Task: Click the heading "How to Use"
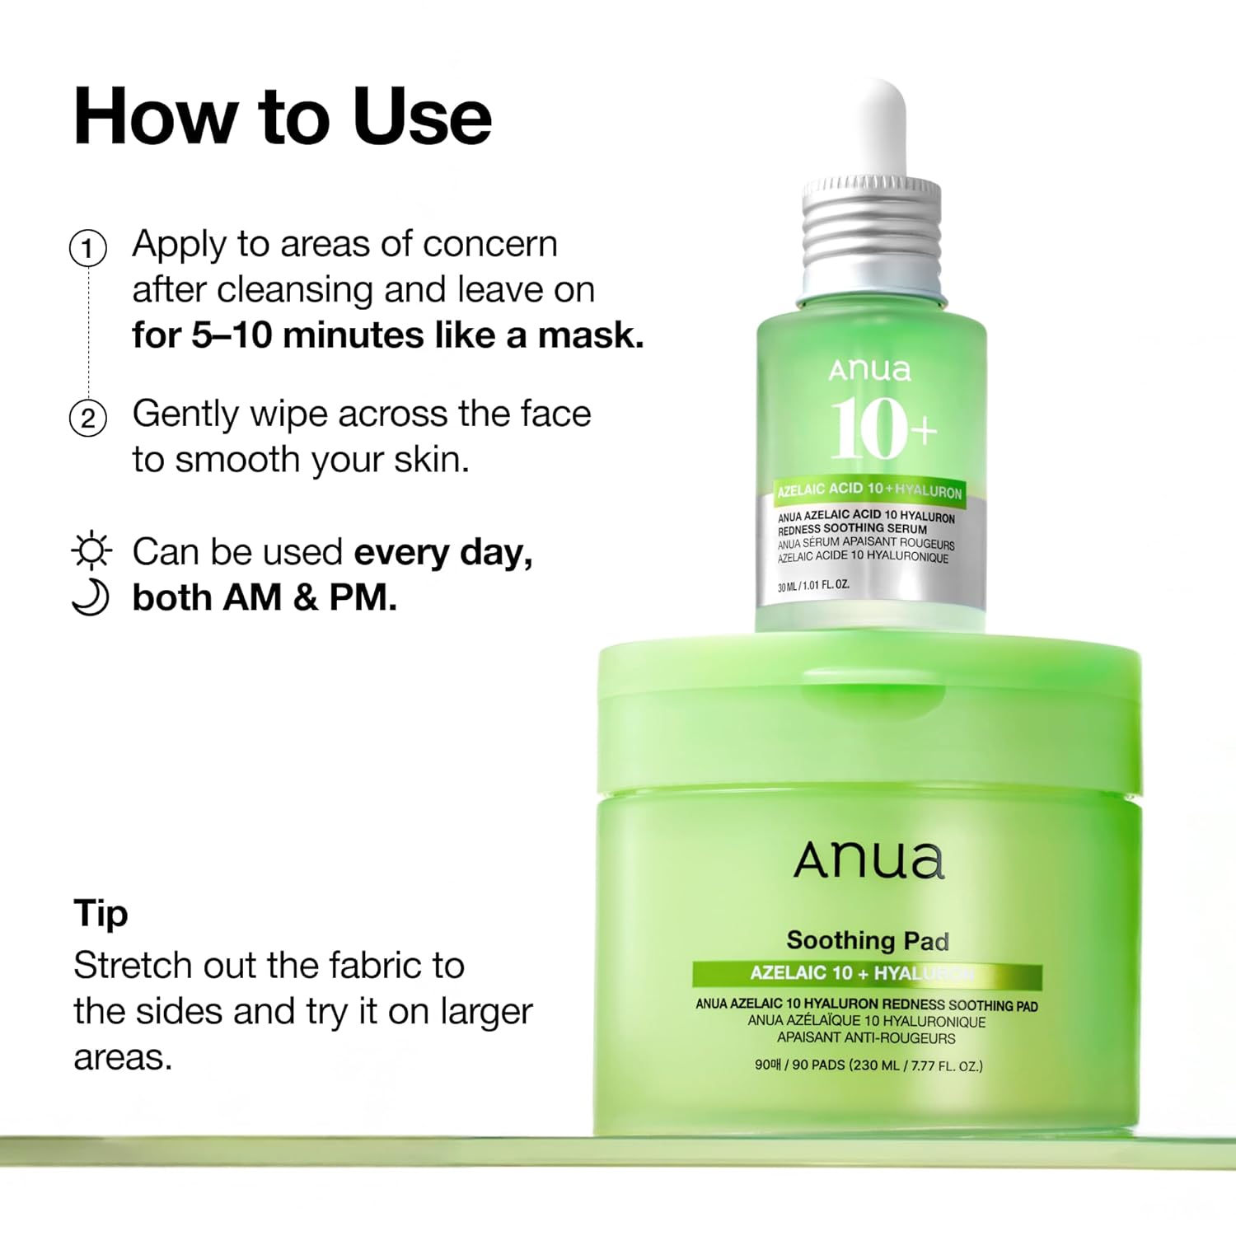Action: point(282,117)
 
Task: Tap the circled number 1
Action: point(88,248)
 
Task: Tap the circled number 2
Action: point(88,418)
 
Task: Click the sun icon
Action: point(91,550)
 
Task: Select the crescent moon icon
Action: point(91,597)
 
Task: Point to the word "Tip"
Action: point(101,913)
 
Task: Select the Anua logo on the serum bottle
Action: point(869,370)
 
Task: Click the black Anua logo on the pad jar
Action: point(868,861)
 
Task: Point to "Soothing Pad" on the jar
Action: point(868,940)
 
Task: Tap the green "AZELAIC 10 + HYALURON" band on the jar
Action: point(866,974)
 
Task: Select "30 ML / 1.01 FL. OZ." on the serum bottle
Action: point(813,585)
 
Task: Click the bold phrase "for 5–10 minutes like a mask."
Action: point(387,335)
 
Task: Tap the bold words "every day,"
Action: point(442,552)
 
